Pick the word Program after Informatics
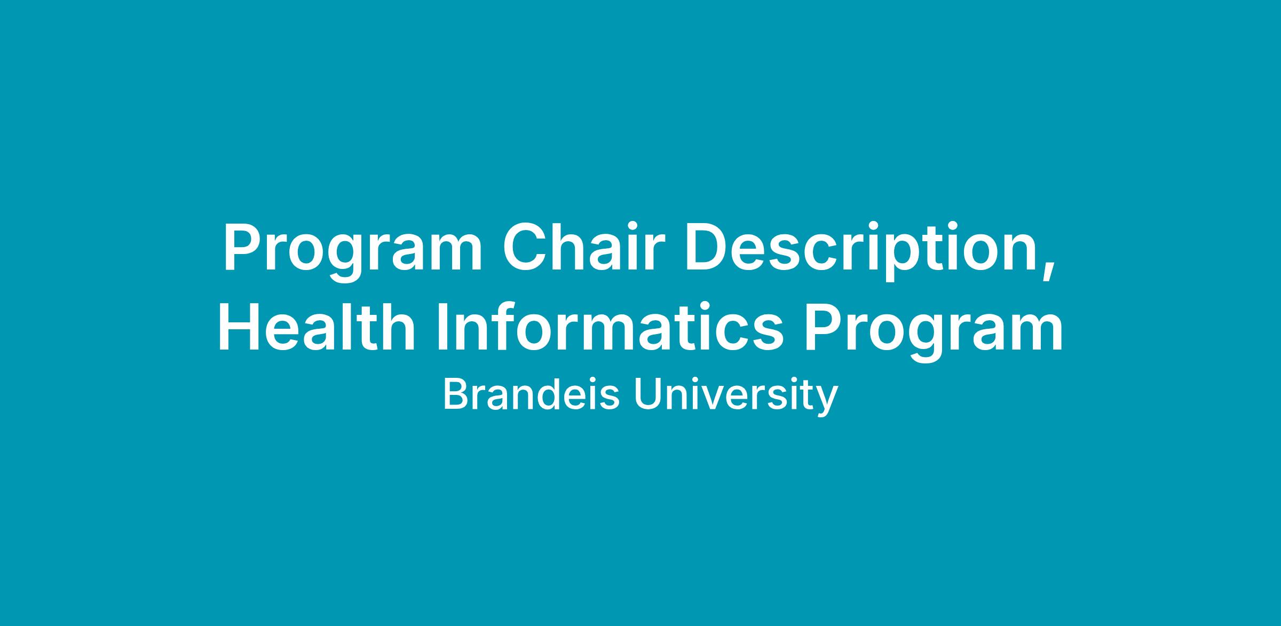click(x=934, y=330)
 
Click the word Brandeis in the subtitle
click(x=531, y=394)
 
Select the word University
click(x=736, y=397)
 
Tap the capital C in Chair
click(x=526, y=247)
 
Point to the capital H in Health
click(x=241, y=326)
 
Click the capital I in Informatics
click(x=444, y=326)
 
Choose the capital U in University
click(x=646, y=395)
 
